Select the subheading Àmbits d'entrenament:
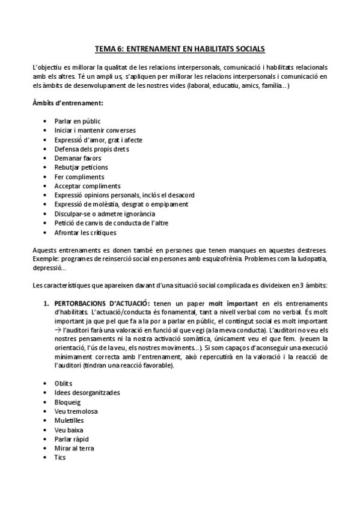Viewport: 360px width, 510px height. pyautogui.click(x=67, y=103)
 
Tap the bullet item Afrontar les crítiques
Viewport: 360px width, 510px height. pyautogui.click(x=85, y=232)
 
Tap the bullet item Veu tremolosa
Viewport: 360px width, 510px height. pyautogui.click(x=76, y=411)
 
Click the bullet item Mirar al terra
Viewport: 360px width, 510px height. pyautogui.click(x=74, y=448)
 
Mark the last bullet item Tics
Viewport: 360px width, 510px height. pyautogui.click(x=60, y=457)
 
